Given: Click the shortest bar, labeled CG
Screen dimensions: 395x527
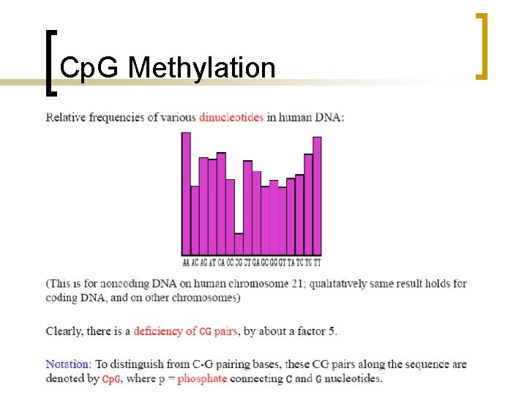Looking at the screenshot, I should point(239,244).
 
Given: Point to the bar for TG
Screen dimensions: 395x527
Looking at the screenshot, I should point(308,205).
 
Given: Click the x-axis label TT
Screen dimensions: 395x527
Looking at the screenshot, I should point(317,262).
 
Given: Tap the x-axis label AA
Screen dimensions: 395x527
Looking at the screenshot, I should point(186,262).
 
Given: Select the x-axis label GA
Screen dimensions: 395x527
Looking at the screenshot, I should point(256,262).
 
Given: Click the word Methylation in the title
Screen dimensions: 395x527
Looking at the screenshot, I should point(202,68).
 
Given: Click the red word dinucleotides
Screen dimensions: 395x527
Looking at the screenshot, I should point(231,117).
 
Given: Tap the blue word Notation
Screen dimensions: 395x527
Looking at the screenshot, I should point(69,364).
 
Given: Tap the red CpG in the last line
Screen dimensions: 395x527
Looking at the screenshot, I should point(111,379).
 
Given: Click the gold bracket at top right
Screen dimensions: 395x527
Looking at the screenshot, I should point(482,45).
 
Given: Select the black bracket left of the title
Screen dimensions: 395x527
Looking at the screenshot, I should point(50,62).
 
